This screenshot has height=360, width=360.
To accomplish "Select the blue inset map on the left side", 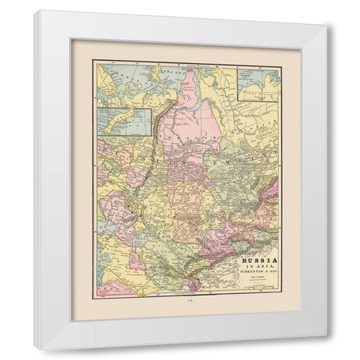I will pyautogui.click(x=121, y=124).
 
